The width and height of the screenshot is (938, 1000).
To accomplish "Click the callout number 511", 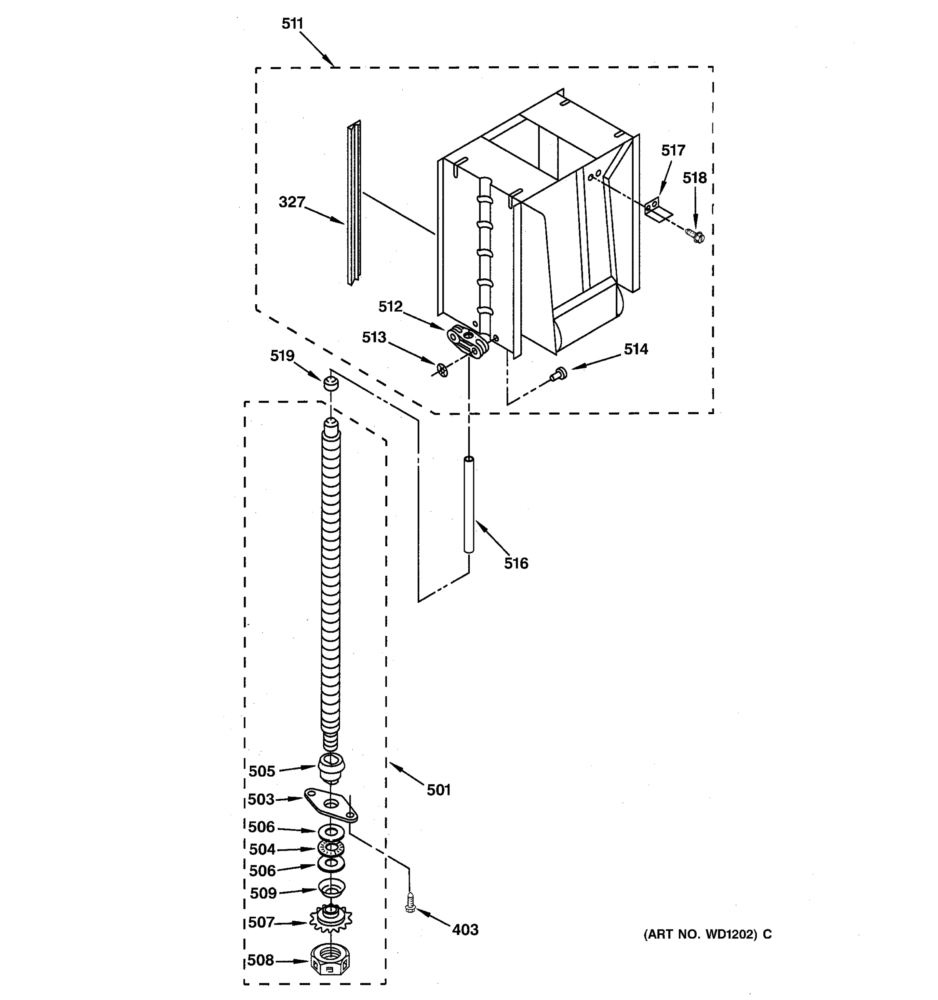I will (292, 24).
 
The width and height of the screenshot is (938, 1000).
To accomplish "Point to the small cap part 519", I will (331, 383).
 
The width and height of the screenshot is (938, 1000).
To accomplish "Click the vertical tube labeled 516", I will (469, 505).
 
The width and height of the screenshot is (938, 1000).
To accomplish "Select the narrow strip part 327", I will (354, 204).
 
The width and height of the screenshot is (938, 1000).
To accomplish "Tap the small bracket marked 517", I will (656, 210).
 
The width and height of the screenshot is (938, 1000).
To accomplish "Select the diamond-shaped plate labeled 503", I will (331, 805).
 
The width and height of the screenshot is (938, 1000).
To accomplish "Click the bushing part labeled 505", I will (331, 767).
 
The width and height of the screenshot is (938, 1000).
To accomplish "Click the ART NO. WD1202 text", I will (707, 935).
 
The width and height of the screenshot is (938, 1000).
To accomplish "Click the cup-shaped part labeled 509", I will (331, 888).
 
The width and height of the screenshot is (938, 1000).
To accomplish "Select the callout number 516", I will (516, 563).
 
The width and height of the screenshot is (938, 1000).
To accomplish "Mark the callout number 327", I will (292, 202).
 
